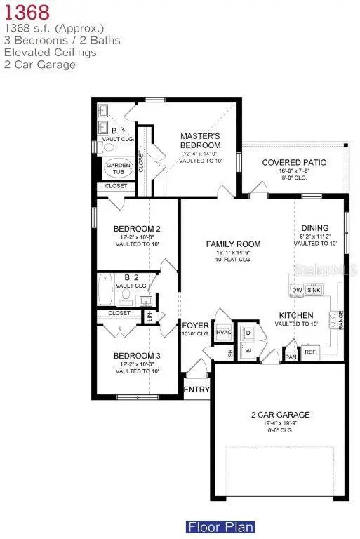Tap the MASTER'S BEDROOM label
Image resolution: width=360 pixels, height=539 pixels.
click(200, 140)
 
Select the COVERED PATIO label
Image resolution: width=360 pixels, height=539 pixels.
click(294, 163)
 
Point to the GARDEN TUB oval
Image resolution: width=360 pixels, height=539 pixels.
click(117, 168)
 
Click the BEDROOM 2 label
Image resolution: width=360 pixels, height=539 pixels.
click(138, 229)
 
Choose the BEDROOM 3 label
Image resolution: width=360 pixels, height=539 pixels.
click(138, 356)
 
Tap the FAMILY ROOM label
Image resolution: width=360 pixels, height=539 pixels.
click(233, 244)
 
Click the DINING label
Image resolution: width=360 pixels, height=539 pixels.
click(314, 228)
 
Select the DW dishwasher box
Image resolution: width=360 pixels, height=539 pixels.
click(296, 289)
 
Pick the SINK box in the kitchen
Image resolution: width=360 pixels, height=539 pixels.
click(313, 289)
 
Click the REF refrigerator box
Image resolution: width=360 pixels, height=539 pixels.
click(309, 352)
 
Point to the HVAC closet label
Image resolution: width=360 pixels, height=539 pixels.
click(224, 333)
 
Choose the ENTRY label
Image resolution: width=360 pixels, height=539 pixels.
click(196, 390)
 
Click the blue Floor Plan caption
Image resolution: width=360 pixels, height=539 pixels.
click(220, 526)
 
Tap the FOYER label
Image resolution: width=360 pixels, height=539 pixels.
click(196, 326)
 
